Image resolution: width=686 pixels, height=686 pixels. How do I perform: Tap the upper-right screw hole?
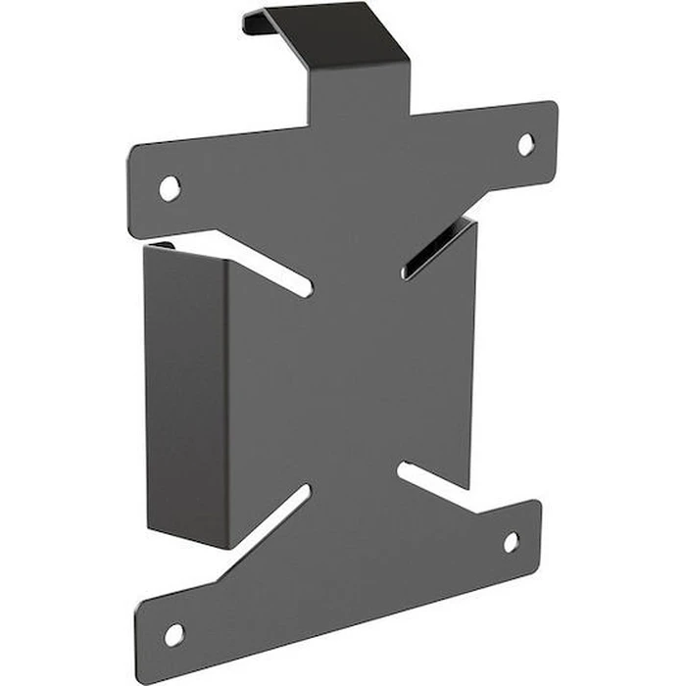(x=526, y=144)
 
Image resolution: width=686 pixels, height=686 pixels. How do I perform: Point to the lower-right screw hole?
(x=512, y=541)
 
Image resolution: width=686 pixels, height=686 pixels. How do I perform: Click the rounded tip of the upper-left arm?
(x=138, y=167)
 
